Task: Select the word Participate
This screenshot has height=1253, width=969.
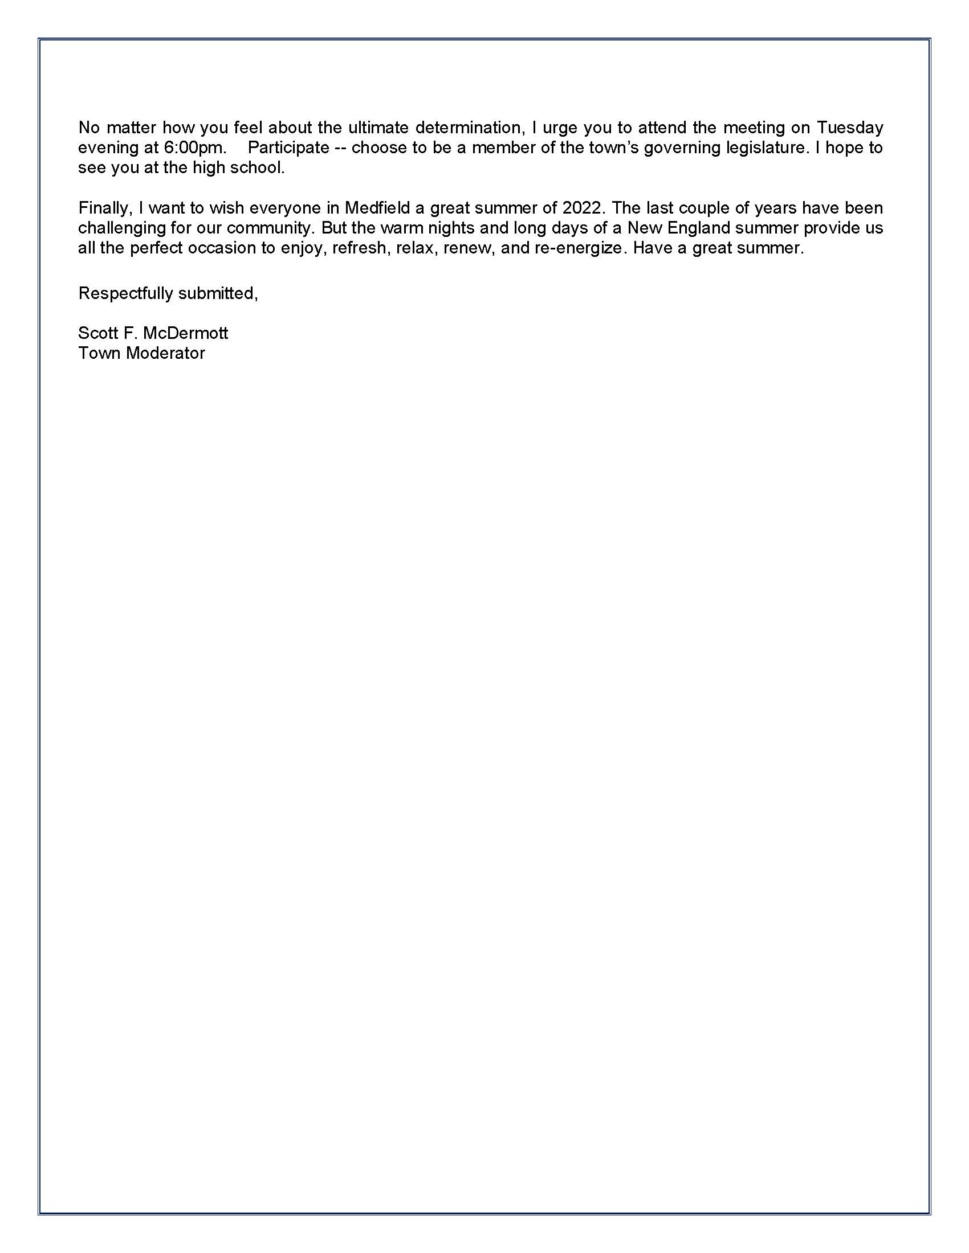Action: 288,148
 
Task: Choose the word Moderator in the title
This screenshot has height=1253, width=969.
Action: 165,353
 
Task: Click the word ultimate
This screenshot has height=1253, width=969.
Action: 378,128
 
